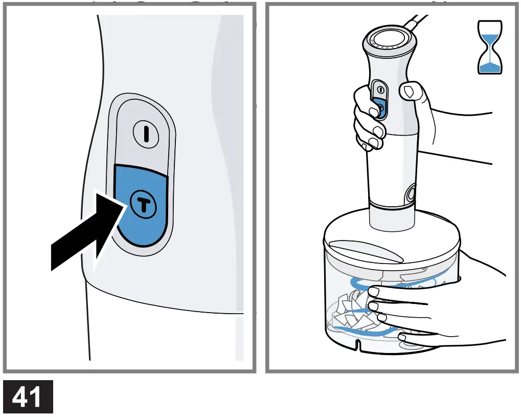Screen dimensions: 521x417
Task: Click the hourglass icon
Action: (x=490, y=47)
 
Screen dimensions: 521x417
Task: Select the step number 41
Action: (x=28, y=397)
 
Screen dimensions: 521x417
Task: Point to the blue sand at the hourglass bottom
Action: (x=490, y=68)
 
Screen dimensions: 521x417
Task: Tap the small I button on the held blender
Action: (x=381, y=90)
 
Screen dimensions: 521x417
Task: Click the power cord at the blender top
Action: (x=415, y=23)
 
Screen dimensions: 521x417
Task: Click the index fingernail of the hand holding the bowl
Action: (x=374, y=292)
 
